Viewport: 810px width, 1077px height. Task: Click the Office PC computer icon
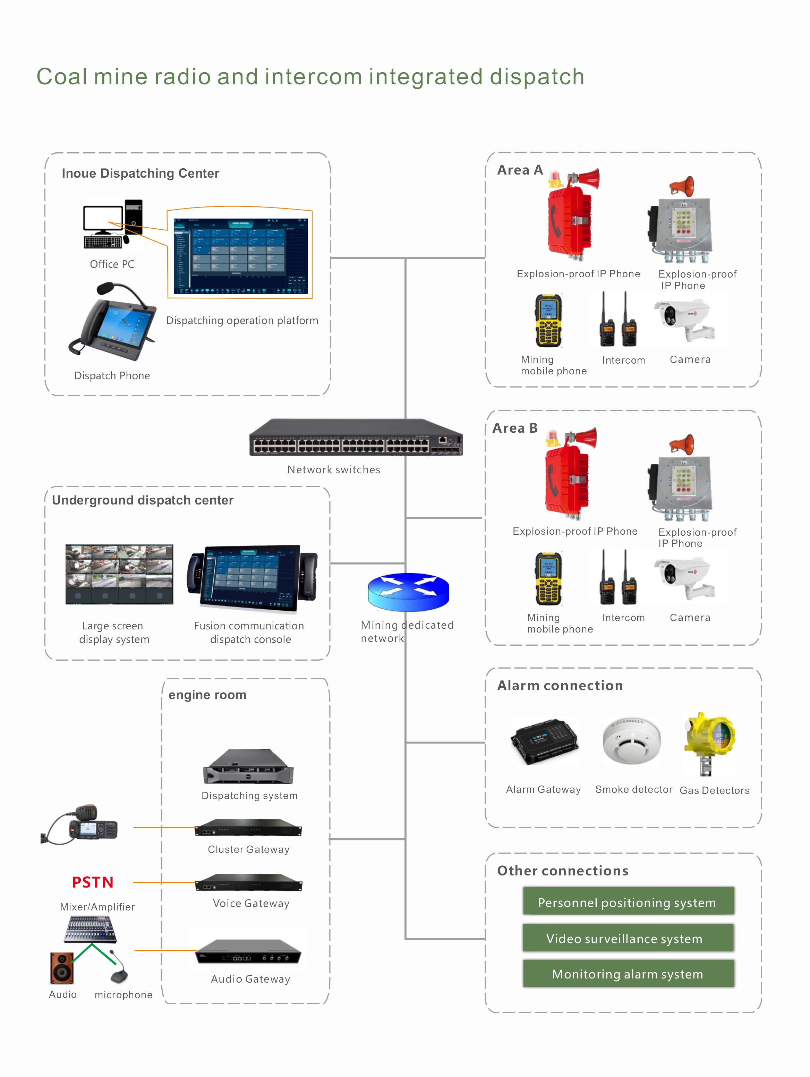pyautogui.click(x=112, y=224)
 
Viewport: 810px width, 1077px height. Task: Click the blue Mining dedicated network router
pyautogui.click(x=408, y=592)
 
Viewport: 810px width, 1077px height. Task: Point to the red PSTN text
pyautogui.click(x=93, y=882)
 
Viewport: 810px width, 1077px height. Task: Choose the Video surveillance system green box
pyautogui.click(x=628, y=938)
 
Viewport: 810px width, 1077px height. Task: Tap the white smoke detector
pyautogui.click(x=631, y=740)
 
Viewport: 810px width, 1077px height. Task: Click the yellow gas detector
pyautogui.click(x=710, y=743)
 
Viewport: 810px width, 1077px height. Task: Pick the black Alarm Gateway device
pyautogui.click(x=544, y=741)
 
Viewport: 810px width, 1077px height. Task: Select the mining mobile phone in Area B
pyautogui.click(x=548, y=578)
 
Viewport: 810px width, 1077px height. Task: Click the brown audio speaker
pyautogui.click(x=62, y=968)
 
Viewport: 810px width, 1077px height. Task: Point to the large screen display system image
pyautogui.click(x=119, y=575)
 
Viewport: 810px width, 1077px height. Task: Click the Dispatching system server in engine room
pyautogui.click(x=248, y=767)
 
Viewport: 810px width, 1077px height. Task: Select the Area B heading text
pyautogui.click(x=515, y=428)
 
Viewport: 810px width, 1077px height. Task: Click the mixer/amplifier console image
pyautogui.click(x=91, y=928)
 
